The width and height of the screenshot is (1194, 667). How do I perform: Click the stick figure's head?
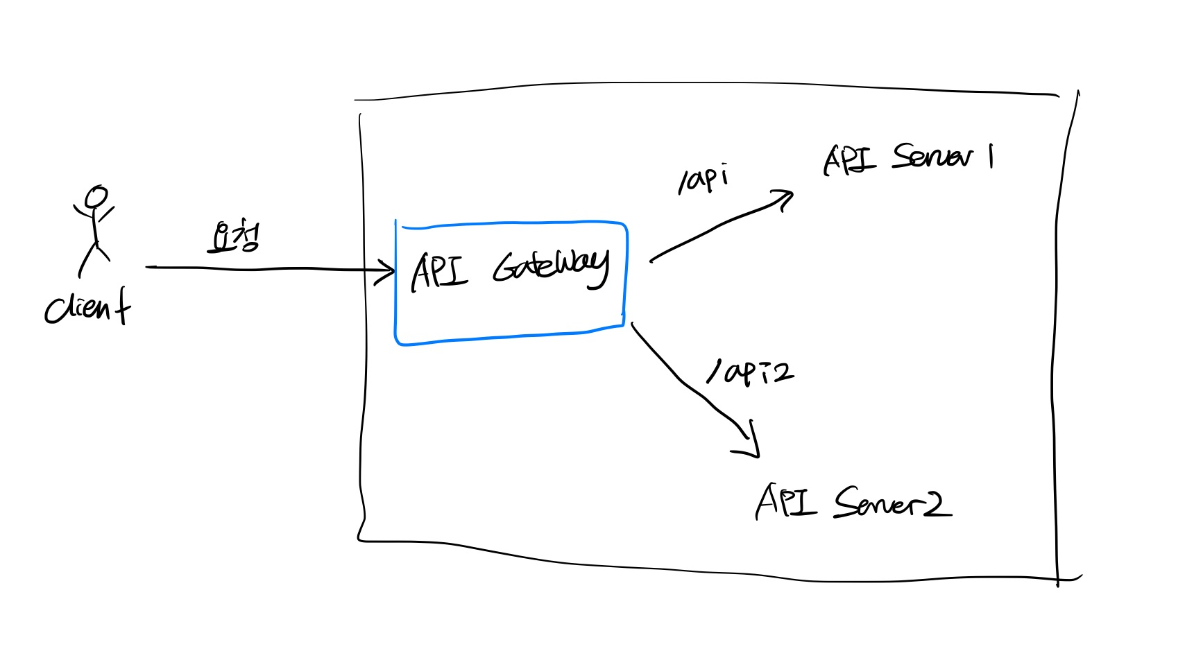point(96,196)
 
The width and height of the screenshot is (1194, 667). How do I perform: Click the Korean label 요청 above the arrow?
point(234,238)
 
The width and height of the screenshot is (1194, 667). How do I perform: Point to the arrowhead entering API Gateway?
point(388,271)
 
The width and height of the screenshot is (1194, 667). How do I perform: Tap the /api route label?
point(703,179)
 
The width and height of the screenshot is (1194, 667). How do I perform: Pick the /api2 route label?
point(749,372)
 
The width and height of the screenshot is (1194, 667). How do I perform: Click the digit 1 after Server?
point(991,156)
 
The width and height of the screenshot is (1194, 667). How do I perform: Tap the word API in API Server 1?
point(848,159)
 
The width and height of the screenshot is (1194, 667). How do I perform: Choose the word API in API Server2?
point(785,501)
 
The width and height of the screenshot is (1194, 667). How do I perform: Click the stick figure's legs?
point(94,258)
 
